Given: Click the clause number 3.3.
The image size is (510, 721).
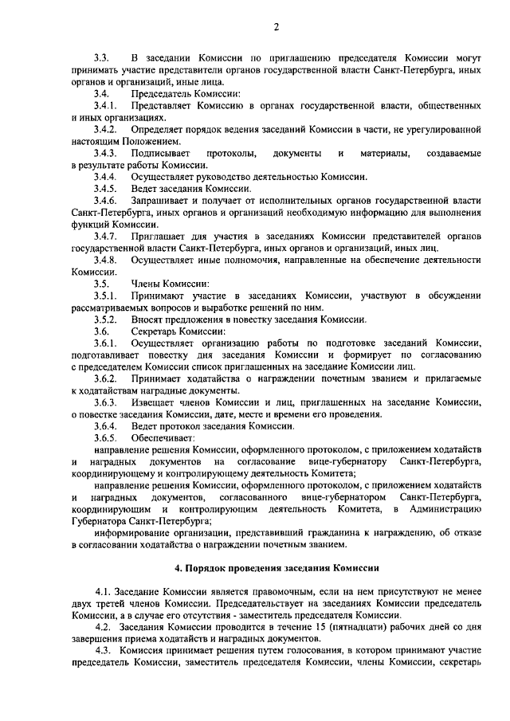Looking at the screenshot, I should [x=101, y=59].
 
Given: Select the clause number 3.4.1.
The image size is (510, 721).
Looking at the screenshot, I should [x=105, y=105].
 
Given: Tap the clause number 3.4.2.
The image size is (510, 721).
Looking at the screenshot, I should [x=105, y=129].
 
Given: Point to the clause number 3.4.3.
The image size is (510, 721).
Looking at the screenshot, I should [x=105, y=152].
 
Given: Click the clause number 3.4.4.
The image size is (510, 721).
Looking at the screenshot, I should [x=105, y=176].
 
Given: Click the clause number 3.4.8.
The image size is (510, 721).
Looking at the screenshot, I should [x=105, y=260].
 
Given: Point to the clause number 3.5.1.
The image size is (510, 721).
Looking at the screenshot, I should [x=105, y=296].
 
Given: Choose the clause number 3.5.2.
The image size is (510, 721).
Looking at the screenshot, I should [x=105, y=319].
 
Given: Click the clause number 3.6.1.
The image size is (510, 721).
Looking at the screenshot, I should [x=105, y=343].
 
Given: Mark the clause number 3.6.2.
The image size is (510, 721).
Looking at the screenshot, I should [x=105, y=378].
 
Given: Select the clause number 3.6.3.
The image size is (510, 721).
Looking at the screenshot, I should [x=105, y=402].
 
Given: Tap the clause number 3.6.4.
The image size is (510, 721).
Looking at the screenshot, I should [x=105, y=426].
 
